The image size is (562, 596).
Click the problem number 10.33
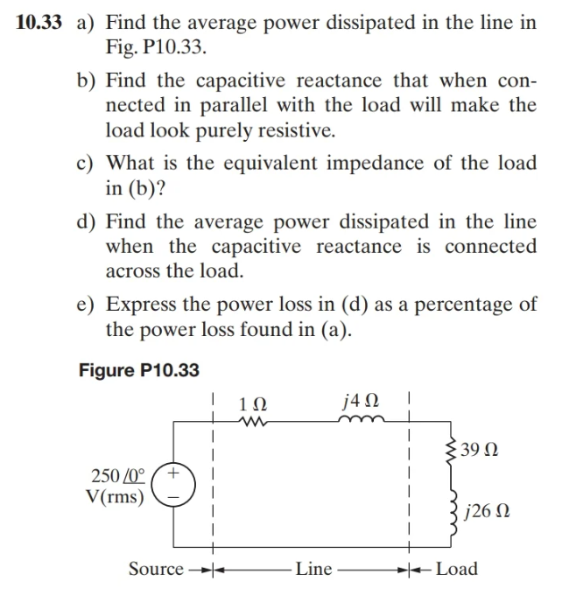[39, 24]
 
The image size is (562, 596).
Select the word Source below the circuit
[156, 569]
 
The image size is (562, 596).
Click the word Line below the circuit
[313, 569]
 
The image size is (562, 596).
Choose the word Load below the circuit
[457, 569]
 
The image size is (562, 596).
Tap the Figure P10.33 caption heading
[139, 370]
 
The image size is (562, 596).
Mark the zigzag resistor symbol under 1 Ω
[252, 421]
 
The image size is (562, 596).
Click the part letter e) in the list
[85, 306]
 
